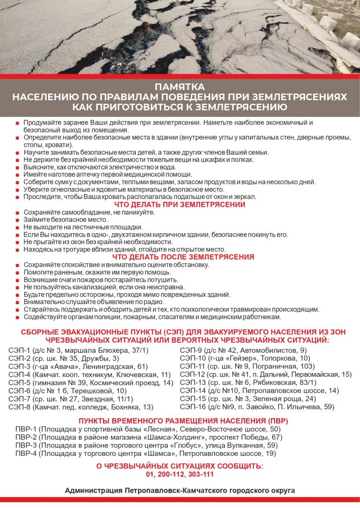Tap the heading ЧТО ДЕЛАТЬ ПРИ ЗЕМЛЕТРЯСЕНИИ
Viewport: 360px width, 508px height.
(180, 204)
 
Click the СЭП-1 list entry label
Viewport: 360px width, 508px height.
(20, 350)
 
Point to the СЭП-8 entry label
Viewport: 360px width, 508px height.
(20, 407)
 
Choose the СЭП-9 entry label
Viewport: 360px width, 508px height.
(191, 350)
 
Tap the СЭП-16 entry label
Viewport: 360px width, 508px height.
(193, 407)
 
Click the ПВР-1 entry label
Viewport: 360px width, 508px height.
(26, 429)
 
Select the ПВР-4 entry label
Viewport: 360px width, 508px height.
(26, 453)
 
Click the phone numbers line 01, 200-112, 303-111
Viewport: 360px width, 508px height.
(180, 474)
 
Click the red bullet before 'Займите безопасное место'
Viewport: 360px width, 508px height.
(18, 220)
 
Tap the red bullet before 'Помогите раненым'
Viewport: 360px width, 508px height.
(18, 272)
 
